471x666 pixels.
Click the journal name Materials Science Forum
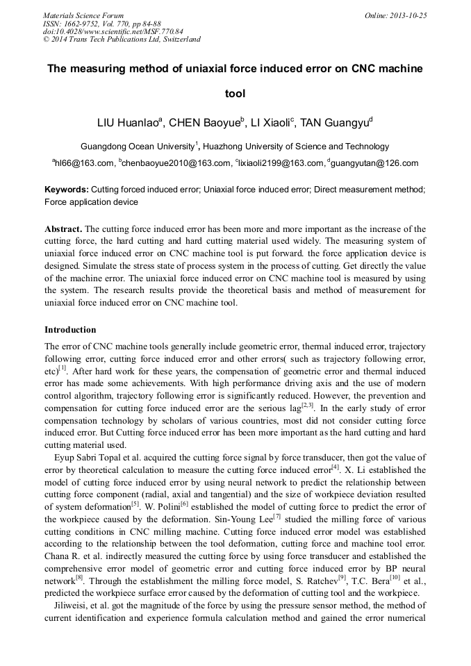click(83, 15)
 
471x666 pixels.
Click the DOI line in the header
click(113, 31)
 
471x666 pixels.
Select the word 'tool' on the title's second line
click(235, 93)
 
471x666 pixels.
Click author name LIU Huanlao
click(128, 123)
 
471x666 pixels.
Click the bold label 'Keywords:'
click(67, 189)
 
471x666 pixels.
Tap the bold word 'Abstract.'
click(64, 228)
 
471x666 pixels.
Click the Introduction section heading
click(70, 329)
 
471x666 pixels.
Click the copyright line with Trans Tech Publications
click(122, 39)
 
